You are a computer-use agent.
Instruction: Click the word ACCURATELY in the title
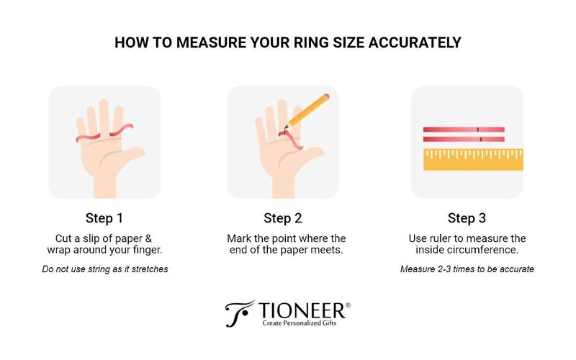coord(415,42)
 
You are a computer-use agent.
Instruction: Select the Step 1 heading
coord(104,218)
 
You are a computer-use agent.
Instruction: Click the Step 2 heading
coord(283,218)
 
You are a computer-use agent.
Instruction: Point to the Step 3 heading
coord(467,218)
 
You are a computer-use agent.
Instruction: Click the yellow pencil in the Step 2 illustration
coord(307,112)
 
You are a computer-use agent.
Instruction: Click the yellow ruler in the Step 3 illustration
coord(473,159)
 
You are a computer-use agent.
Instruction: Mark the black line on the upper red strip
coord(478,130)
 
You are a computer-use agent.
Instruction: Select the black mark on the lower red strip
coord(481,139)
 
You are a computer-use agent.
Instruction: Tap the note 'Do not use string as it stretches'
coord(105,269)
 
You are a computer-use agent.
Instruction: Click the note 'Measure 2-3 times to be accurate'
coord(467,269)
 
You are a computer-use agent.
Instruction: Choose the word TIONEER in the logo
coord(302,311)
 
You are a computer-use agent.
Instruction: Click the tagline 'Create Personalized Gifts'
coord(300,323)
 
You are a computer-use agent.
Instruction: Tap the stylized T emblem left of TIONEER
coord(239,314)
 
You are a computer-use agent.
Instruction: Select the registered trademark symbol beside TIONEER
coord(348,305)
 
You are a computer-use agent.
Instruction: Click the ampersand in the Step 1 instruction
coord(148,238)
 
